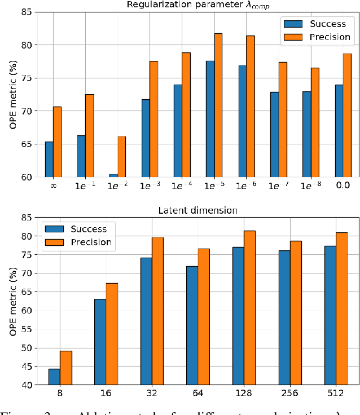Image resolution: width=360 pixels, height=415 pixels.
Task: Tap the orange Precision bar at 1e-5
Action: click(218, 105)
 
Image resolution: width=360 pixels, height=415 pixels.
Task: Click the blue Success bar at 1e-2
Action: click(113, 175)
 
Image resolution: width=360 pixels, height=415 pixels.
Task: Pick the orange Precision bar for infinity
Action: click(57, 142)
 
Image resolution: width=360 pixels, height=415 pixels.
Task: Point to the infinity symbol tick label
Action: click(53, 186)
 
